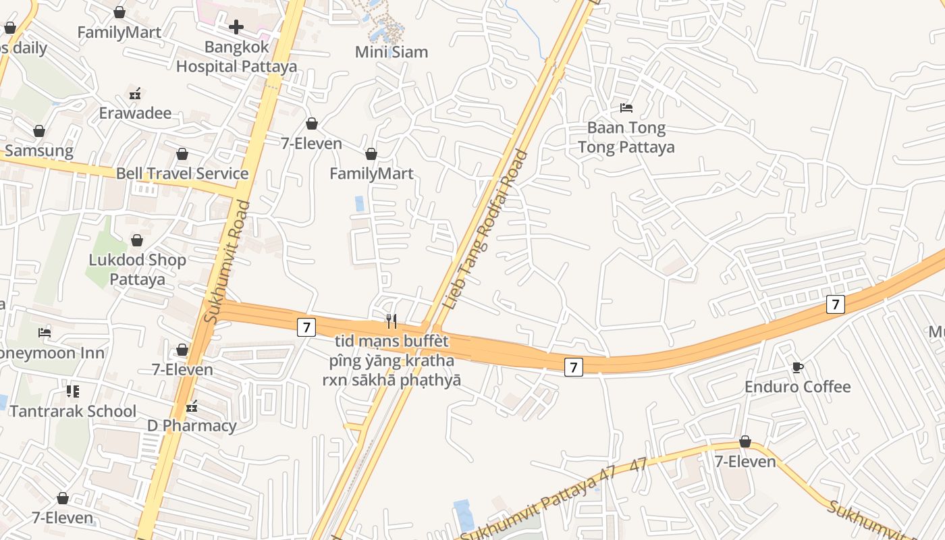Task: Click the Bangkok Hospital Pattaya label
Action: click(x=236, y=57)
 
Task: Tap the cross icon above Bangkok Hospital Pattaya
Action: click(x=236, y=27)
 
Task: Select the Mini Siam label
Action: click(x=391, y=52)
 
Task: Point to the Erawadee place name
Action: click(x=135, y=113)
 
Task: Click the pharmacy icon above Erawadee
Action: click(x=135, y=93)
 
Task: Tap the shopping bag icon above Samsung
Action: click(x=39, y=131)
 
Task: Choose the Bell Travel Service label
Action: click(x=182, y=173)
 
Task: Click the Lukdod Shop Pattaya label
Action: click(x=138, y=269)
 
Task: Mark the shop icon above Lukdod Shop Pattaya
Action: click(x=137, y=240)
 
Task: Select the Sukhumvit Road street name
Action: click(x=230, y=261)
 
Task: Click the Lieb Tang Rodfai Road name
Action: click(x=485, y=230)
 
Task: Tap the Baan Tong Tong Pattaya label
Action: click(x=626, y=137)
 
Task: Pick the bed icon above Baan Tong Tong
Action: click(x=626, y=108)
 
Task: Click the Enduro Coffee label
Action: click(x=797, y=387)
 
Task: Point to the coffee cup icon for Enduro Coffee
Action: click(x=797, y=367)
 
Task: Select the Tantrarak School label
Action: click(x=73, y=411)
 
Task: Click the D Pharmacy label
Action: click(x=192, y=426)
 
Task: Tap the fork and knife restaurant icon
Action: click(x=391, y=321)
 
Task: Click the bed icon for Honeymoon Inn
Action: click(x=45, y=333)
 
